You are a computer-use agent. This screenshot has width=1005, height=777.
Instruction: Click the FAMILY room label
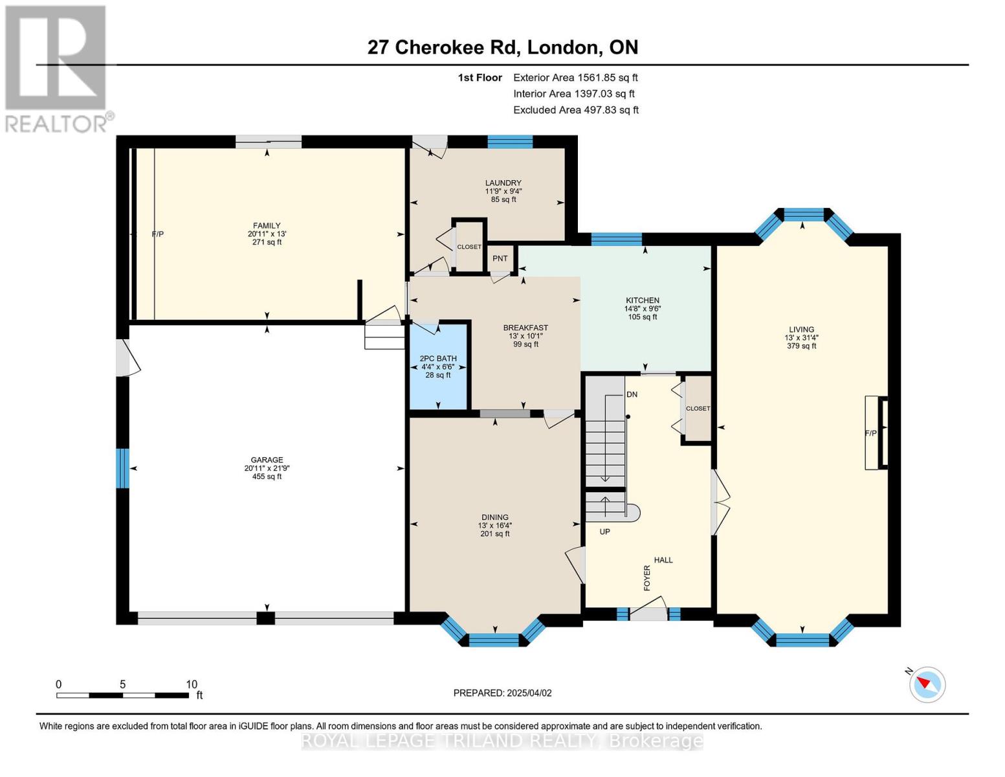point(267,226)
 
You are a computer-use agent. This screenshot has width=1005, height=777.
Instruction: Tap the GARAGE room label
point(267,460)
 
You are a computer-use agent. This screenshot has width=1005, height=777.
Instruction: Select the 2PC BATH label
point(438,359)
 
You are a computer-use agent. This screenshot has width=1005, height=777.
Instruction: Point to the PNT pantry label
point(500,259)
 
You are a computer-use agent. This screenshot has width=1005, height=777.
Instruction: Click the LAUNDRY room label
point(503,183)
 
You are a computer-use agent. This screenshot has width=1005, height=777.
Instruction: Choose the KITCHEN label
point(642,300)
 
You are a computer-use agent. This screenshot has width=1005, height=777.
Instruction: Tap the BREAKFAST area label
point(525,328)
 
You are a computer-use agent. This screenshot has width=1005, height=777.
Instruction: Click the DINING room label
point(494,517)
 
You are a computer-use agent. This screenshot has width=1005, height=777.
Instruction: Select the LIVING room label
point(801,330)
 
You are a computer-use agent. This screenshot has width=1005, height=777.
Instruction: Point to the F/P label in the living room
point(871,433)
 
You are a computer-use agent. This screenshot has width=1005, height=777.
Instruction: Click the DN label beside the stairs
point(632,394)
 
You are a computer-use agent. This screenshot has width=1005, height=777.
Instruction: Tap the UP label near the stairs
point(605,532)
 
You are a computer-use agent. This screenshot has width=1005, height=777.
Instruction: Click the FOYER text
point(647,578)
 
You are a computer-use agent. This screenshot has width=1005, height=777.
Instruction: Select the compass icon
point(927,684)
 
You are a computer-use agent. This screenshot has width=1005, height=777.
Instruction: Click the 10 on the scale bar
point(192,684)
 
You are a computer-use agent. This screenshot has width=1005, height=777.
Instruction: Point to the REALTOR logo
point(57,69)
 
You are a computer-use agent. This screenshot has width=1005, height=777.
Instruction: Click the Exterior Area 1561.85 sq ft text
point(575,78)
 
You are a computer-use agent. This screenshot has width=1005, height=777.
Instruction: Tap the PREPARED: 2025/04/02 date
point(502,693)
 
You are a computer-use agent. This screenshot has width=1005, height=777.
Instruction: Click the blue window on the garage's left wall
point(122,468)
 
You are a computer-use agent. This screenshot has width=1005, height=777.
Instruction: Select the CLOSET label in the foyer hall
point(698,409)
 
